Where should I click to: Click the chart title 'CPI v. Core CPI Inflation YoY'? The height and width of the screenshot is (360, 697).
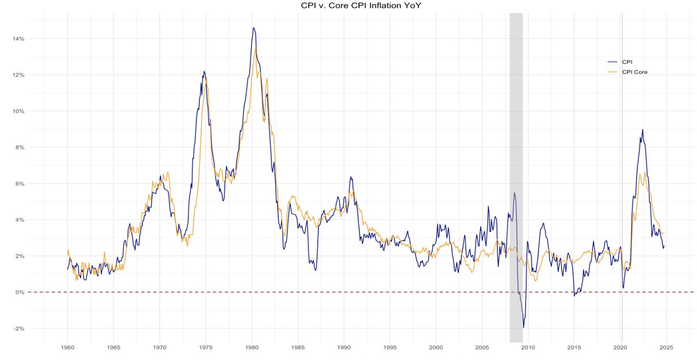tap(348, 6)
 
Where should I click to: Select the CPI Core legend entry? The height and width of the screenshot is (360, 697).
tap(634, 72)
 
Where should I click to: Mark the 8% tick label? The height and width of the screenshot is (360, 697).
tap(19, 147)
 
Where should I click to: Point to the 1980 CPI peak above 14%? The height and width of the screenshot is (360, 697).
tap(253, 28)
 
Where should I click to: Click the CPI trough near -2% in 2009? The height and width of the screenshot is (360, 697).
tap(523, 327)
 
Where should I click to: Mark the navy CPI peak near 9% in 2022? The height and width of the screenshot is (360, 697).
tap(642, 130)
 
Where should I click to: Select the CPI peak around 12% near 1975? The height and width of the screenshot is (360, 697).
tap(204, 71)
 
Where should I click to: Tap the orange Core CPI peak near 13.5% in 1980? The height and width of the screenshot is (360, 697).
tap(256, 47)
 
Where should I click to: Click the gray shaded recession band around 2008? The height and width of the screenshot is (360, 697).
tap(516, 174)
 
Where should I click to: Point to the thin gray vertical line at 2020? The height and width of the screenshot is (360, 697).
tap(622, 174)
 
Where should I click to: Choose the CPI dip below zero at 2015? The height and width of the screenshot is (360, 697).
tap(574, 296)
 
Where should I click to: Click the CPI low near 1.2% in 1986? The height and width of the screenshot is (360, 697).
tap(315, 270)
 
